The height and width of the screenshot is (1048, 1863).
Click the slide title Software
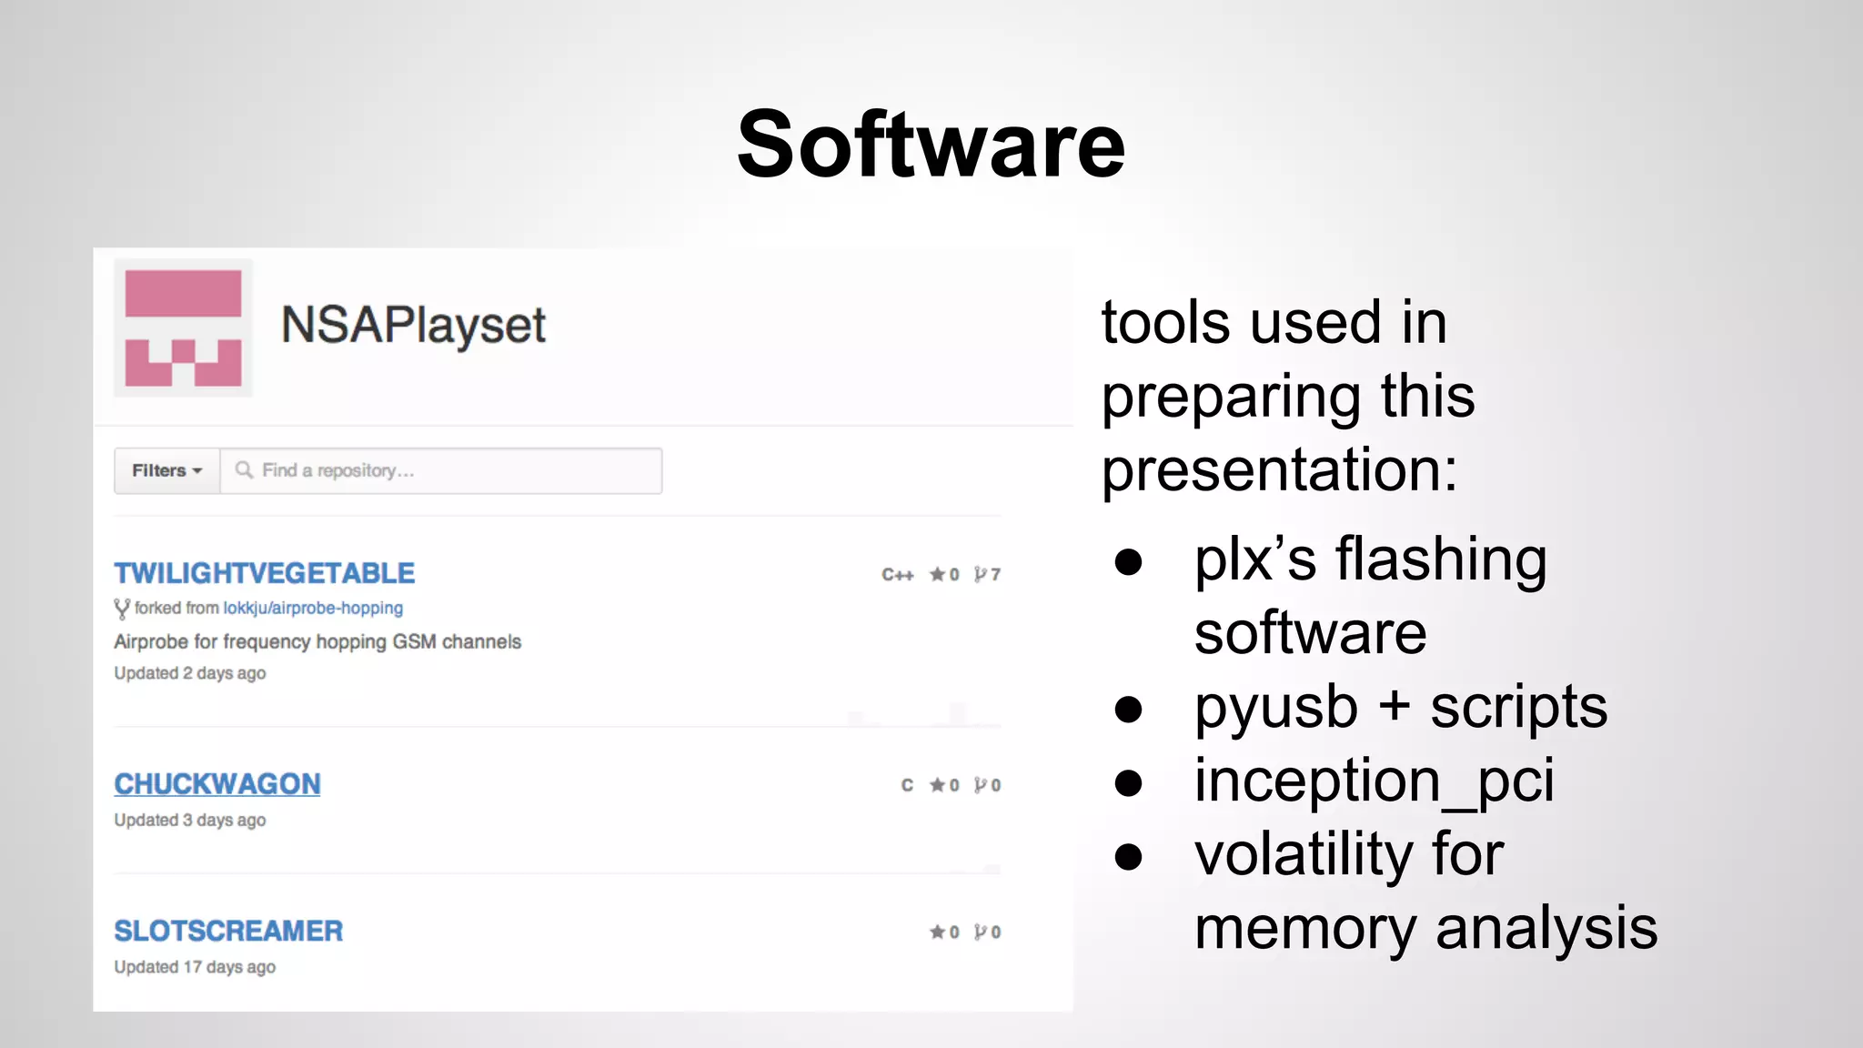931,146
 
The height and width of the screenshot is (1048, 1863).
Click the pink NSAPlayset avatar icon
183,328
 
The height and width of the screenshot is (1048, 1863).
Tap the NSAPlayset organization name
413,325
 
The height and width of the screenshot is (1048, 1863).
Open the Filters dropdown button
166,470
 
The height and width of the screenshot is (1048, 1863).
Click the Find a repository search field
441,470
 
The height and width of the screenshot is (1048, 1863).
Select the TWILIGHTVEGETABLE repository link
264,573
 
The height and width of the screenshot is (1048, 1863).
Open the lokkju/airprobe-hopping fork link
313,608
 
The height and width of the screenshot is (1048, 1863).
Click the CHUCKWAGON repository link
217,784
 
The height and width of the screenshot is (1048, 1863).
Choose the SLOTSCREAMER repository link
228,931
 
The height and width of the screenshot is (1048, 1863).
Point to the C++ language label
897,575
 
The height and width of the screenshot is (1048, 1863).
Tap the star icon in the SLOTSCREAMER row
937,932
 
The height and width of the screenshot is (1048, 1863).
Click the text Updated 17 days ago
195,967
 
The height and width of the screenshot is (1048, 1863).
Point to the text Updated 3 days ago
190,820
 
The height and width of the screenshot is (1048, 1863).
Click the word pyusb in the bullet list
1275,708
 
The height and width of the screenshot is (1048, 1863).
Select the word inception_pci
1374,781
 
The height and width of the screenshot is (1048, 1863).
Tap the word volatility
1304,854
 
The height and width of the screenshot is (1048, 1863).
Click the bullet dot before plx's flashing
1128,561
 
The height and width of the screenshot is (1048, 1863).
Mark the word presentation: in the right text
1279,469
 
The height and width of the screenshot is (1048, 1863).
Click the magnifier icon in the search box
244,469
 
